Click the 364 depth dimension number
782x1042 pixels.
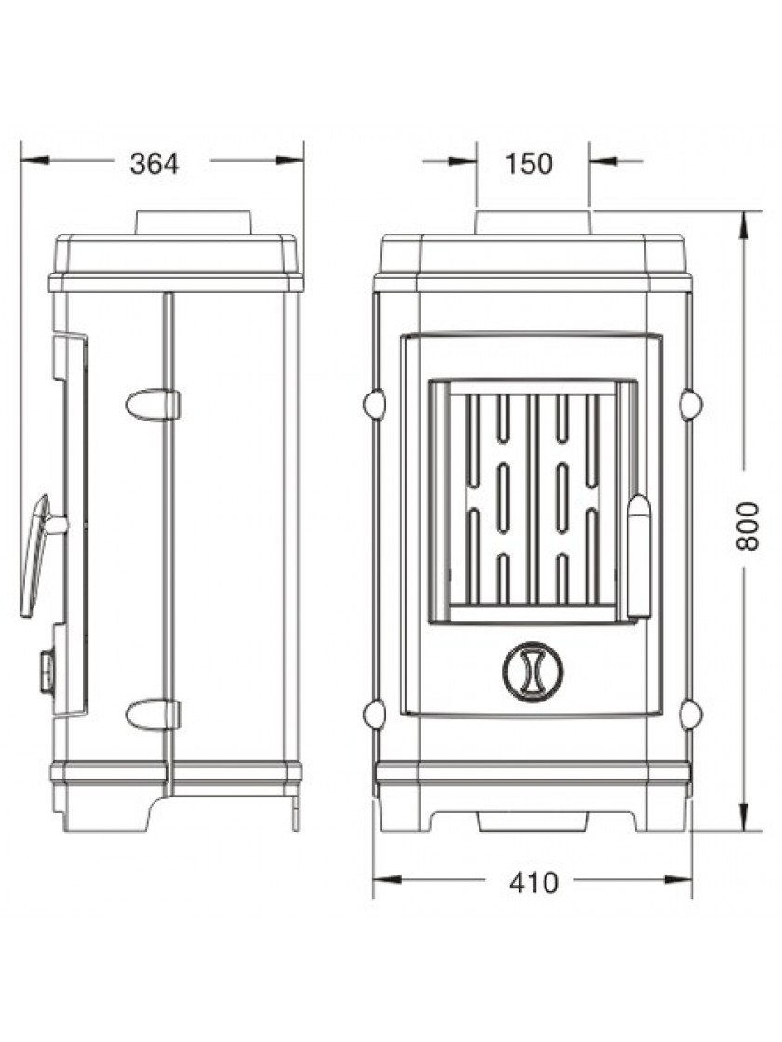[x=155, y=164]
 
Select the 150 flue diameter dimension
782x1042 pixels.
[x=529, y=164]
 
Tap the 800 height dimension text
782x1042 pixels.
[x=748, y=526]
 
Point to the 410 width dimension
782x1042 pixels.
[x=533, y=883]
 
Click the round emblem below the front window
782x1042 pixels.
[x=533, y=671]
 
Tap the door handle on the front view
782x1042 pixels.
[x=639, y=556]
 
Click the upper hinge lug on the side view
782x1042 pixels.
[x=153, y=405]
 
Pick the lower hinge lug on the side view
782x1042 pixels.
[x=153, y=715]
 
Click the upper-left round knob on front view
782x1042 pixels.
[x=374, y=404]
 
